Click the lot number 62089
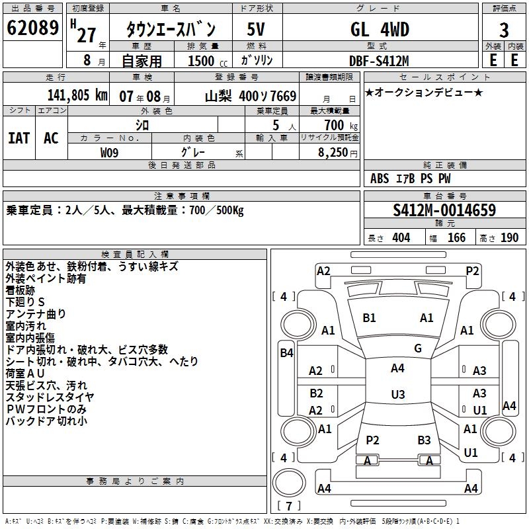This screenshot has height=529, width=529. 32,29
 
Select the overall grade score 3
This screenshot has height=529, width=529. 504,30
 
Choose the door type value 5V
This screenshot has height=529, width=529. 257,30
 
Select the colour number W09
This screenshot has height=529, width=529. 109,152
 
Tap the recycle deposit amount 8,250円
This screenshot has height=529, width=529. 338,152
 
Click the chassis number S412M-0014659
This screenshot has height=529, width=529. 444,210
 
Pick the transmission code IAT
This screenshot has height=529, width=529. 19,138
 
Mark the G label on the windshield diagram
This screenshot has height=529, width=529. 418,348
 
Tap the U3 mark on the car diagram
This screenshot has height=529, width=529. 397,395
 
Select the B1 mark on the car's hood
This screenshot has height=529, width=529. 369,318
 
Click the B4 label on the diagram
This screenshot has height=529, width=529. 286,353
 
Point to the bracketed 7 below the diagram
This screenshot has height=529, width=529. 288,507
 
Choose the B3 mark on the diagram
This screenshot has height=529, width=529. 424,440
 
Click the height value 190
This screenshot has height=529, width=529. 509,238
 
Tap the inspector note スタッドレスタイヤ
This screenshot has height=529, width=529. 50,397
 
